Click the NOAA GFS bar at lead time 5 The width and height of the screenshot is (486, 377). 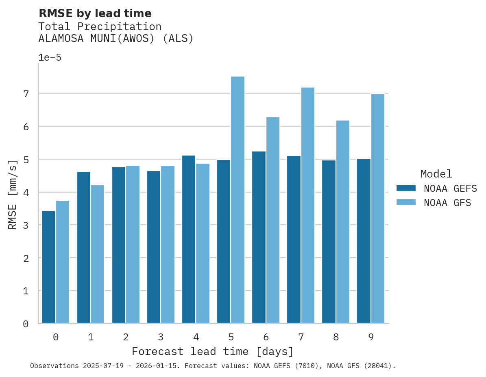coord(238,200)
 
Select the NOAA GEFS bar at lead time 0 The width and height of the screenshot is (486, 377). coord(48,267)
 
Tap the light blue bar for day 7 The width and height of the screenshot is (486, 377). coord(307,206)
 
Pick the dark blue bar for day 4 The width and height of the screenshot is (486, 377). coord(189,239)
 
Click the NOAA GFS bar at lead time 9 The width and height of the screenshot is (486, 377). coord(377,209)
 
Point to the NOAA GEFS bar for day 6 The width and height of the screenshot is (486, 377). coord(259,237)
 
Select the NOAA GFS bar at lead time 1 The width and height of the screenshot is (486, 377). coord(98,254)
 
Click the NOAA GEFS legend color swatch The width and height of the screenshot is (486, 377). coord(406,188)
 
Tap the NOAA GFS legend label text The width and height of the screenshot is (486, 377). coord(447,203)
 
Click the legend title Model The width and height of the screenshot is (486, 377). coord(436,174)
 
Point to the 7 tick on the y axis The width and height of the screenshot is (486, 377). coord(26,94)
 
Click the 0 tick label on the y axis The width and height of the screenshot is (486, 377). coord(26,324)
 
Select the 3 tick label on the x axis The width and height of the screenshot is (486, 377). coord(161,337)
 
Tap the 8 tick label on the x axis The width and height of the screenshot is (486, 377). coord(336,337)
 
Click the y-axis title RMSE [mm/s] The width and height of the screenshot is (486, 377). coord(13,194)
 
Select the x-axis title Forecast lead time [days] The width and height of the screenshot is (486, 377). coord(213,351)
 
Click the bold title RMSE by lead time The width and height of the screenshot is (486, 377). coord(95,13)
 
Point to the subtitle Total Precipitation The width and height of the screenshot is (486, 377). coord(100,27)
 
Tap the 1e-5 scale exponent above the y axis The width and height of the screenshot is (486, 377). coord(50,58)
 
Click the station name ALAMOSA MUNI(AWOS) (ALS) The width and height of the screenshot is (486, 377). coord(116,39)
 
